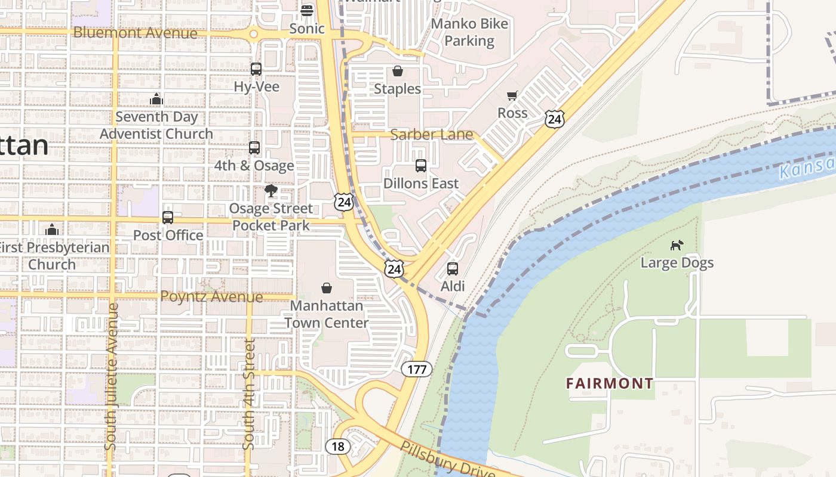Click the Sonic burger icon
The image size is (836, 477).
[x=307, y=10]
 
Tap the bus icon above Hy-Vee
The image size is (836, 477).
[x=256, y=69]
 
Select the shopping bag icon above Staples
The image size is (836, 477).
[x=398, y=72]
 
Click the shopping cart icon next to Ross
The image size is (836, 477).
[x=512, y=96]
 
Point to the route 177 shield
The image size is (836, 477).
[x=416, y=369]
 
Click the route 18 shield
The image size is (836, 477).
[x=337, y=446]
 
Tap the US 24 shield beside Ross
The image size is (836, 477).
[x=554, y=119]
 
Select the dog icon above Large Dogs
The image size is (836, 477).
[x=677, y=245]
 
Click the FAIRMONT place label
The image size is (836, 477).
[x=610, y=383]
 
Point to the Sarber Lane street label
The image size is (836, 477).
[x=431, y=135]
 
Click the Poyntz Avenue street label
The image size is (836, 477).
[x=211, y=296]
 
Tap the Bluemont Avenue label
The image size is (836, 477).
[x=135, y=33]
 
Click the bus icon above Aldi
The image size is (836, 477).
[x=453, y=269]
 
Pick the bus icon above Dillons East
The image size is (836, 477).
[x=421, y=166]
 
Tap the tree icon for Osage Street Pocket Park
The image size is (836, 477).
[x=271, y=191]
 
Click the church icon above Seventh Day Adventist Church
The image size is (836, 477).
[x=156, y=99]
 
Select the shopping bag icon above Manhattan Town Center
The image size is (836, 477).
[x=327, y=289]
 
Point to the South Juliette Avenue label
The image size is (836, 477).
[x=111, y=377]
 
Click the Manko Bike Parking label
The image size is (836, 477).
[x=469, y=32]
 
